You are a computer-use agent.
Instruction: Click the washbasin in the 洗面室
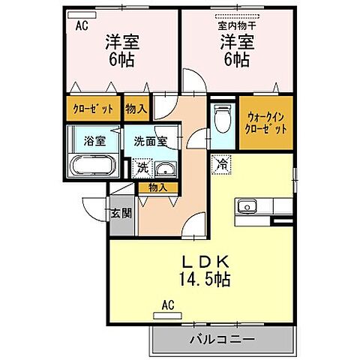click(167, 168)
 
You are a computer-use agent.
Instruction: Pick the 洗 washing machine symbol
click(142, 169)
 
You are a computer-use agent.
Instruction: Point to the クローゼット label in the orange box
click(94, 109)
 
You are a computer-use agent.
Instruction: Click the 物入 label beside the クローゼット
click(136, 109)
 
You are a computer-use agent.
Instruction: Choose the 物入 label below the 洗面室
click(158, 187)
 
